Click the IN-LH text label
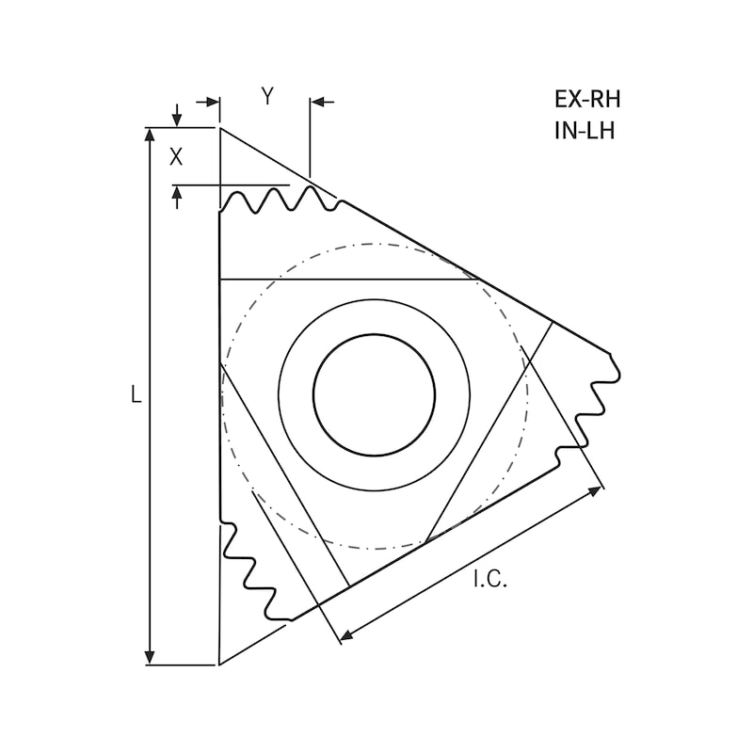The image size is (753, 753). [585, 131]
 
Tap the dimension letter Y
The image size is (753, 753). [267, 96]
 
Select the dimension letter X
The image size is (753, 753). [176, 157]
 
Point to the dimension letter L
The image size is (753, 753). [136, 396]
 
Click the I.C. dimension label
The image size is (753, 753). [489, 580]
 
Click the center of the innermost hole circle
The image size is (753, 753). [374, 394]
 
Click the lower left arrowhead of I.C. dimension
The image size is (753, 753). [345, 636]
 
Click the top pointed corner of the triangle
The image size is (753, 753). [219, 128]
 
